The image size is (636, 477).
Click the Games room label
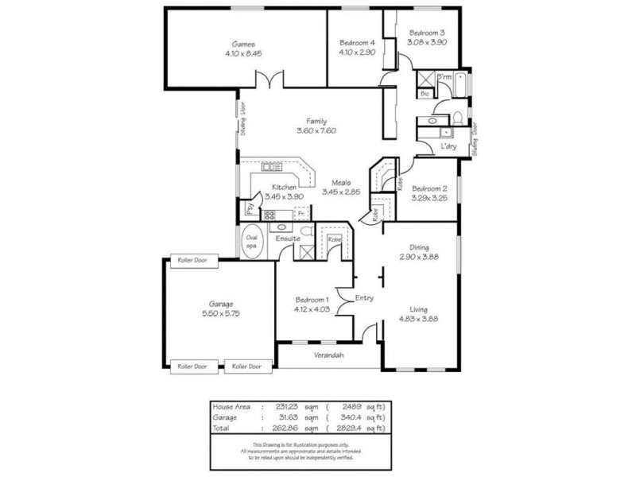(x=243, y=45)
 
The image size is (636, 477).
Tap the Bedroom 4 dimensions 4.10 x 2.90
(x=355, y=51)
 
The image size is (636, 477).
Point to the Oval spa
(x=252, y=242)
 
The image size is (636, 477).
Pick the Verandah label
(x=328, y=355)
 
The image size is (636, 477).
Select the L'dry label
(x=448, y=146)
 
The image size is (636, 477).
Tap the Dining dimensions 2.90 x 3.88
(x=419, y=258)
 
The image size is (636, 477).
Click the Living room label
(x=419, y=310)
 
